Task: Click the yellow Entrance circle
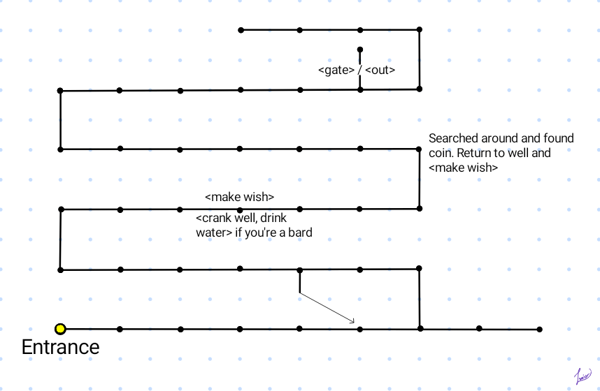pyautogui.click(x=61, y=329)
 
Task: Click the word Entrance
pyautogui.click(x=60, y=347)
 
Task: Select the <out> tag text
pyautogui.click(x=380, y=71)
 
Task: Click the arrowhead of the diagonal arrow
pyautogui.click(x=353, y=322)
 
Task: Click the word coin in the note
pyautogui.click(x=441, y=153)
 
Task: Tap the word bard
pyautogui.click(x=298, y=233)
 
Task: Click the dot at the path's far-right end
pyautogui.click(x=539, y=329)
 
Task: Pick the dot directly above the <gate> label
pyautogui.click(x=360, y=50)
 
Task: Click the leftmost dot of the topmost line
pyautogui.click(x=241, y=30)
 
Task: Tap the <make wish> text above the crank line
pyautogui.click(x=239, y=196)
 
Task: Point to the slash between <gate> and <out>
pyautogui.click(x=359, y=71)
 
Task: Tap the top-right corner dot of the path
pyautogui.click(x=420, y=29)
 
